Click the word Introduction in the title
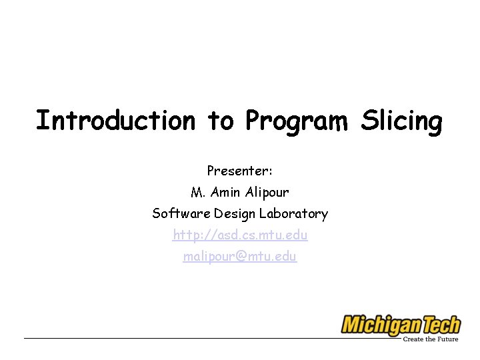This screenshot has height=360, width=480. tap(115, 121)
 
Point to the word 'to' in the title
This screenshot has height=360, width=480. tap(220, 121)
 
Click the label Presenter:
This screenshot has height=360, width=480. tap(240, 171)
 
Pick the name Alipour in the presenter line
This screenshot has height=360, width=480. tap(267, 192)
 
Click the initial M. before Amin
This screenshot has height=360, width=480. tap(197, 192)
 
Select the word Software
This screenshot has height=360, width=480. tap(181, 213)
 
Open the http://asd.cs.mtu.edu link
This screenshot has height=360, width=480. tap(240, 235)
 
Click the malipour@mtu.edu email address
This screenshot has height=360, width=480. tap(240, 256)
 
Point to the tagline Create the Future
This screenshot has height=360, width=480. tap(431, 339)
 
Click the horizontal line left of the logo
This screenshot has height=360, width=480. tap(180, 338)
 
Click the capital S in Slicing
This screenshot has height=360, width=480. tap(369, 121)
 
